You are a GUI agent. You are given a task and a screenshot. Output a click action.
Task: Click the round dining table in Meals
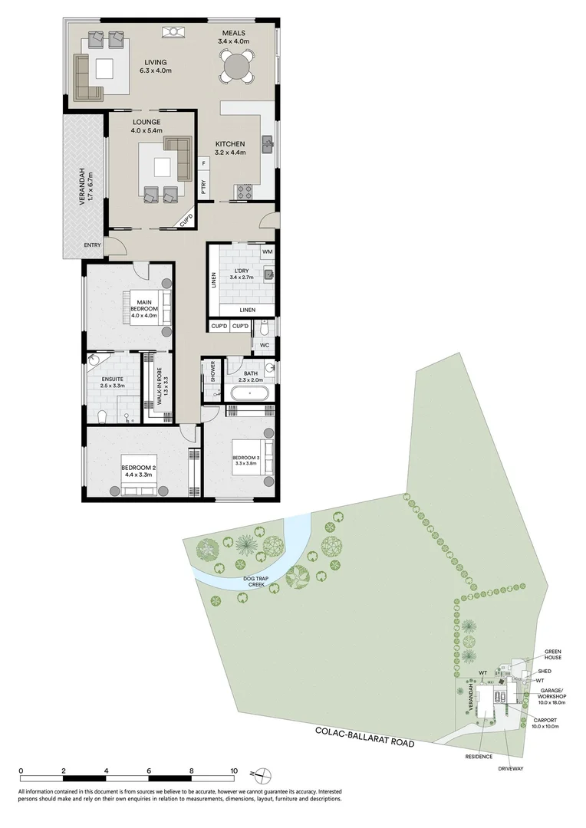(x=237, y=67)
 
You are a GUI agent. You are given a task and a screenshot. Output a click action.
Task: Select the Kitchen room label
(x=229, y=143)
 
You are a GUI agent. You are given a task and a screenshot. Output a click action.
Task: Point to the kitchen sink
(x=268, y=144)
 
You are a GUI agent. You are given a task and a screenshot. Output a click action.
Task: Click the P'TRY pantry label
(x=202, y=188)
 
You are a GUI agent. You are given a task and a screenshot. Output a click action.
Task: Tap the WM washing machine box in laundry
(x=267, y=251)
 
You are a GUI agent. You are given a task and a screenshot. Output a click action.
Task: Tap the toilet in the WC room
(x=263, y=328)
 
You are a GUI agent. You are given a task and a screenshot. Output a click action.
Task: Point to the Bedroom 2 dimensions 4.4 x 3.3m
(x=138, y=475)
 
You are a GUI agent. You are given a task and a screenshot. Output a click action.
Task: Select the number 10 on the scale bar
(x=234, y=770)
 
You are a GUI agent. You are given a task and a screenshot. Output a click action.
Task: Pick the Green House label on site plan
(x=552, y=653)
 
